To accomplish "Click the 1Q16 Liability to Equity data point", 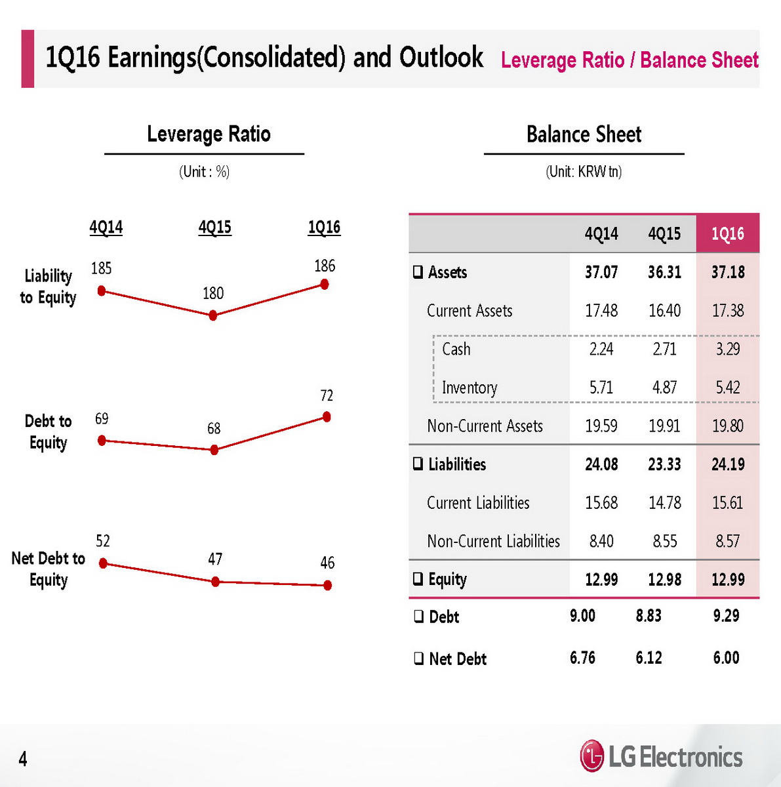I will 324,284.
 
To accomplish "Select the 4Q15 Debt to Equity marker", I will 214,450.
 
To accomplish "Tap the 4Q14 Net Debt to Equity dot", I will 103,563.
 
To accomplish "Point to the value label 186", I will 325,266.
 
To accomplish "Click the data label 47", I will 215,559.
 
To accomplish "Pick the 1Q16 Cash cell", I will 727,349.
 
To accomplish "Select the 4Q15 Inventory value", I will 664,388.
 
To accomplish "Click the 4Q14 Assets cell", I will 601,272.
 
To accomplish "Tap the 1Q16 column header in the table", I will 727,233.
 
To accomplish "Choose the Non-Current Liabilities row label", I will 493,541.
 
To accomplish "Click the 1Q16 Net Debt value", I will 726,658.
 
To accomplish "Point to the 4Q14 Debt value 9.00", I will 582,616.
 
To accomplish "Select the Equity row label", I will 447,580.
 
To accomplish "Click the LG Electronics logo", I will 661,757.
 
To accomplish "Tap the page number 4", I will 23,759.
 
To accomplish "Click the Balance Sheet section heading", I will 584,134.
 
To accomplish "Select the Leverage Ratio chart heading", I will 209,134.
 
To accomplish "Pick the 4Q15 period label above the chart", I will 215,228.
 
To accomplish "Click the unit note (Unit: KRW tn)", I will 584,172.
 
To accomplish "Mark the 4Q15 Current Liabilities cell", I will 664,503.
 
